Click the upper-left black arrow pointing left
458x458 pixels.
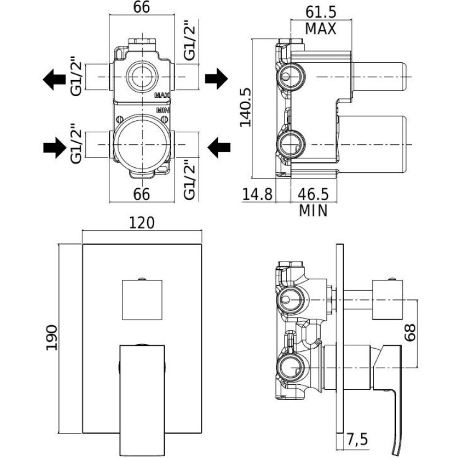click(55, 78)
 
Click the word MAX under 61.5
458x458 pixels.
click(320, 28)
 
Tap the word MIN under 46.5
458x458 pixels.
click(313, 211)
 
